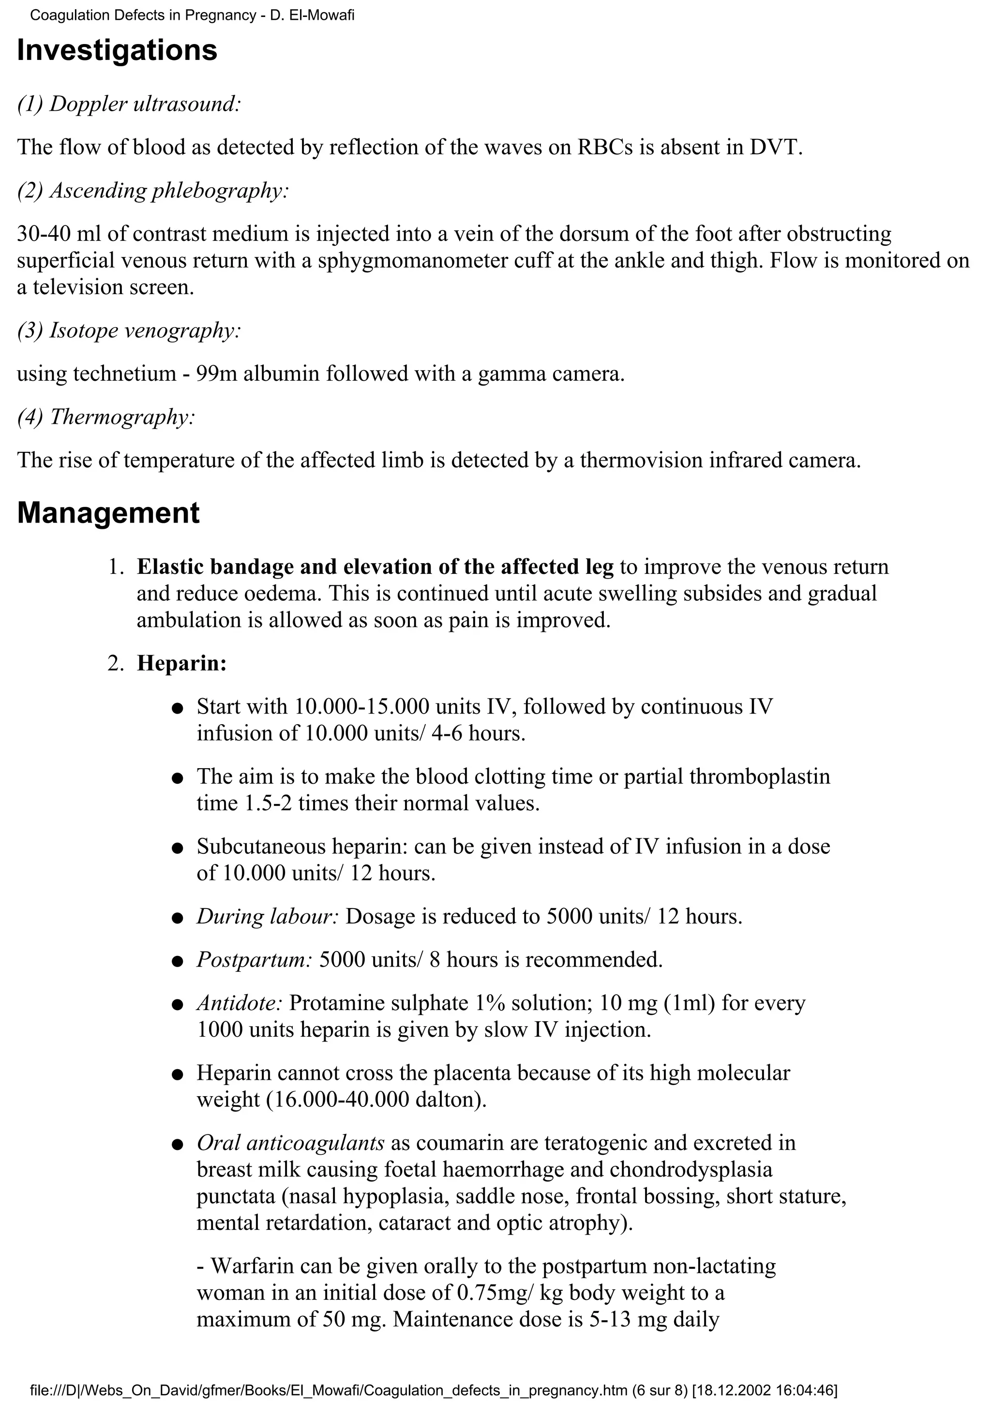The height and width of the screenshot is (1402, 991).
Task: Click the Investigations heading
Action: point(117,50)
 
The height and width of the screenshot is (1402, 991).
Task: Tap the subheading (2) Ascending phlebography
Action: point(152,191)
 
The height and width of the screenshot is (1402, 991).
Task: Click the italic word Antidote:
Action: point(239,1003)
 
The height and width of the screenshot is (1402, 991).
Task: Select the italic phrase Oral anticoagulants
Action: point(290,1143)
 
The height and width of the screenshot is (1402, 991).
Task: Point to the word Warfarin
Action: point(251,1267)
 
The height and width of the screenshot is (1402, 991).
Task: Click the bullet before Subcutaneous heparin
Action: point(178,849)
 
